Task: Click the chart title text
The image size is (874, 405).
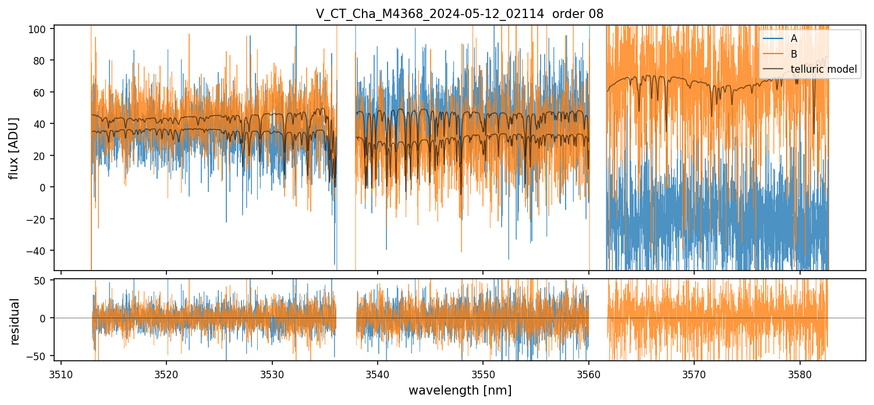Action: point(460,14)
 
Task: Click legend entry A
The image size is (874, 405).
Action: point(794,38)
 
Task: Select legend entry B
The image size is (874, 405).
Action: point(794,54)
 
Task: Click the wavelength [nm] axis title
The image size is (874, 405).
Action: point(460,390)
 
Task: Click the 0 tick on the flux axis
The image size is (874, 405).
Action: point(44,187)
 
